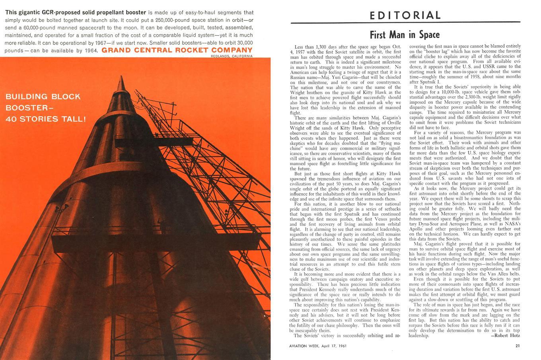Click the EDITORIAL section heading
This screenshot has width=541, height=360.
pos(405,16)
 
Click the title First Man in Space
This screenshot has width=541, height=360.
pos(405,35)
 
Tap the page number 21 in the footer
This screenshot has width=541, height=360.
pos(517,346)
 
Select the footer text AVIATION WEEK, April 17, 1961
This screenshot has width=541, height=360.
pos(318,346)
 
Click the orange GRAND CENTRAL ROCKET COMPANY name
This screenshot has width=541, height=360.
pos(177,50)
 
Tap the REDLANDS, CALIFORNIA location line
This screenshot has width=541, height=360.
pos(232,56)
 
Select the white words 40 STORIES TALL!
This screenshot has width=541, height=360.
pos(45,119)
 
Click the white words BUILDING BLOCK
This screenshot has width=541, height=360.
pos(43,97)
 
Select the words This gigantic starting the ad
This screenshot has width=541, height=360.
pos(20,12)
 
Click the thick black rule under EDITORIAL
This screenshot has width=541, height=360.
pos(405,22)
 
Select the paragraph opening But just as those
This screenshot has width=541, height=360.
pos(315,173)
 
